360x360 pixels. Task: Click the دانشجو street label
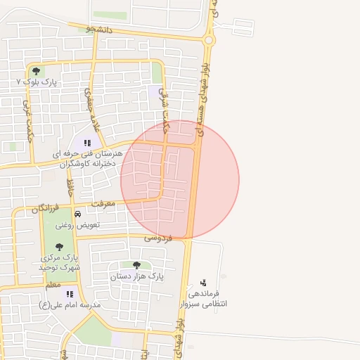pyautogui.click(x=98, y=30)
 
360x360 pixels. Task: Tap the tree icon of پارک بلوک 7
pyautogui.click(x=36, y=70)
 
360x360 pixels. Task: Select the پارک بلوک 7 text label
pyautogui.click(x=36, y=82)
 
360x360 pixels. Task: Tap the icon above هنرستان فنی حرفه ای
pyautogui.click(x=87, y=143)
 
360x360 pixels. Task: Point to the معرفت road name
pyautogui.click(x=106, y=204)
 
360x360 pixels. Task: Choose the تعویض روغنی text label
pyautogui.click(x=77, y=226)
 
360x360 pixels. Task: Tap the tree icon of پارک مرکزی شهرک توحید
pyautogui.click(x=58, y=247)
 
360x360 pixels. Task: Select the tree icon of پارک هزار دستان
pyautogui.click(x=136, y=265)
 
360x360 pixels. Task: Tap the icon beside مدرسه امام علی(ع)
pyautogui.click(x=70, y=294)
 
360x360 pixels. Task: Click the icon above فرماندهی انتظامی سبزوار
pyautogui.click(x=203, y=283)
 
